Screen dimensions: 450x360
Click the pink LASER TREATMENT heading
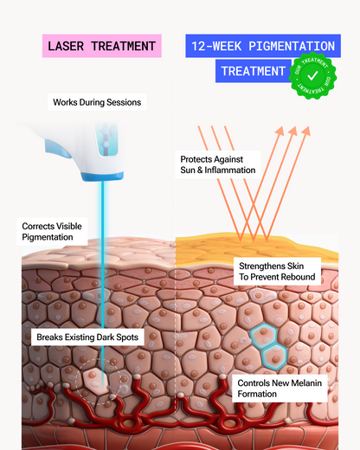click(102, 46)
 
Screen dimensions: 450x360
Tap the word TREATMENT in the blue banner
click(253, 71)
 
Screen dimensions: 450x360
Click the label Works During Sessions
click(96, 103)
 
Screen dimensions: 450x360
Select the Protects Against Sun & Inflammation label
click(218, 164)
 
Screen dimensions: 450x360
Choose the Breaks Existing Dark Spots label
click(86, 337)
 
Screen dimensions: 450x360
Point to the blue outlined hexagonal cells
click(267, 345)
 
